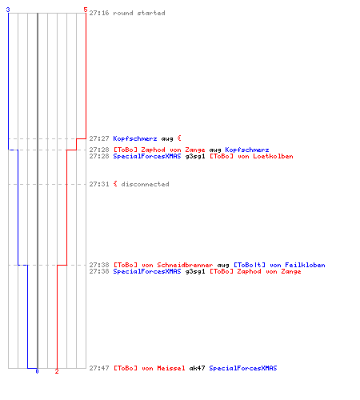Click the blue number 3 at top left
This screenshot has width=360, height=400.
(8, 10)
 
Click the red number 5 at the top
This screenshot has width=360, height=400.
(86, 10)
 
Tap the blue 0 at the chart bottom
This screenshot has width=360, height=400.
(37, 371)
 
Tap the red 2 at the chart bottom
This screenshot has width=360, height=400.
(57, 371)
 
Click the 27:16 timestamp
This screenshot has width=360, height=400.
(99, 13)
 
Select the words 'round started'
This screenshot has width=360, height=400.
(139, 13)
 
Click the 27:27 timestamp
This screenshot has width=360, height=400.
(99, 138)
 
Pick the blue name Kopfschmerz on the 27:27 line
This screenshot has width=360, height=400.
(135, 138)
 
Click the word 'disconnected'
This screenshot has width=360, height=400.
(145, 184)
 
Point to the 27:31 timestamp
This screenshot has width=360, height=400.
(99, 184)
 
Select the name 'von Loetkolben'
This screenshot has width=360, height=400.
(266, 156)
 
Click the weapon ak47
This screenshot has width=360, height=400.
(197, 368)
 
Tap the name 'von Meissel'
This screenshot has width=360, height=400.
(163, 368)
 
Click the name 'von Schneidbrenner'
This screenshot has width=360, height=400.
(177, 265)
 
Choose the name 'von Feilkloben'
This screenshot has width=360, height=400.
(298, 265)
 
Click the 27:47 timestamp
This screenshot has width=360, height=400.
(99, 368)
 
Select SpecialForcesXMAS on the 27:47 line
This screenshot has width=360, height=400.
(243, 368)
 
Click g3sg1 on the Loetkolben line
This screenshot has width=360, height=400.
(195, 156)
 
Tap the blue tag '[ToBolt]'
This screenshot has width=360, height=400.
(250, 265)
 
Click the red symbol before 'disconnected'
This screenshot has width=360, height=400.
(115, 184)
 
